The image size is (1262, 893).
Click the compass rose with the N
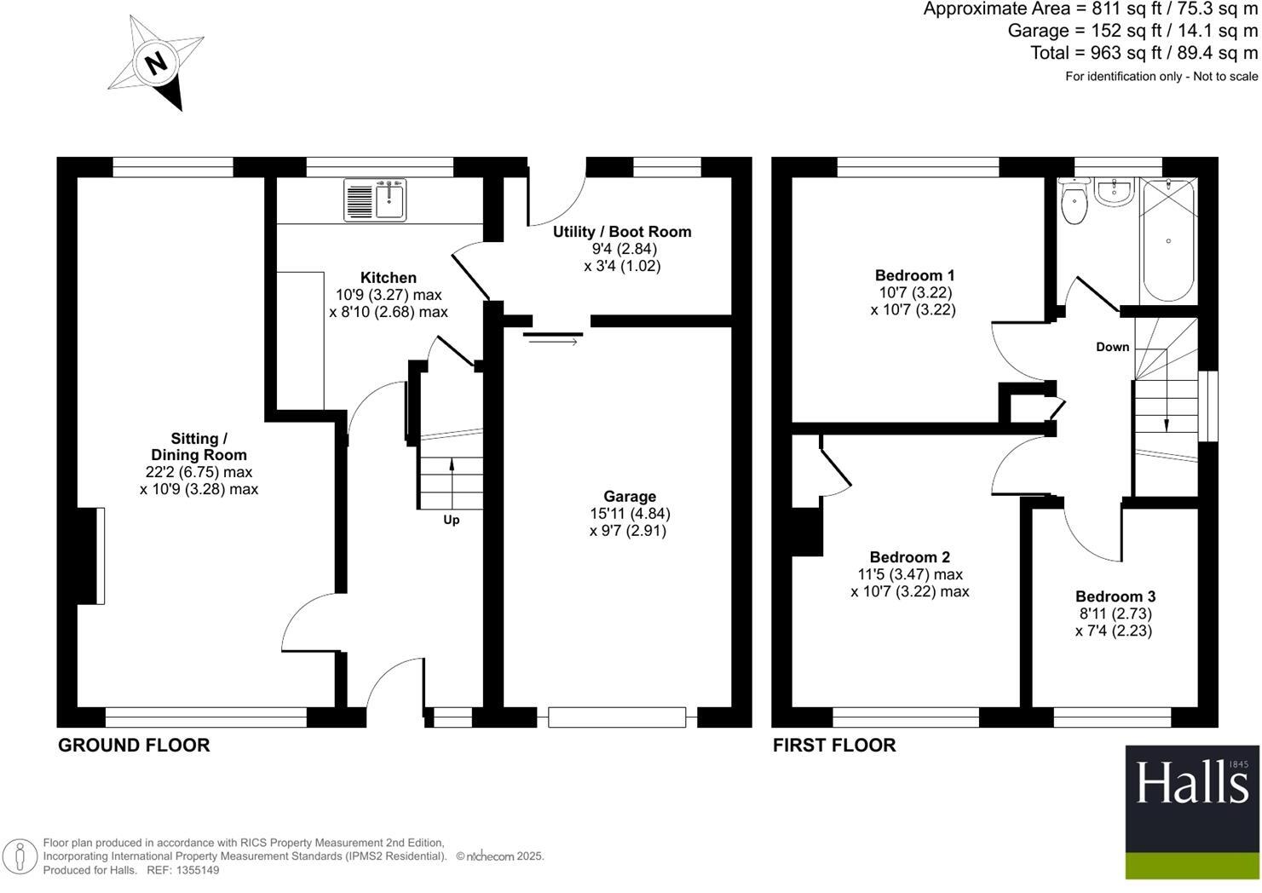156,63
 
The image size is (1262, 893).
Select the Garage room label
630,496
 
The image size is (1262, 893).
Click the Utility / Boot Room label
622,232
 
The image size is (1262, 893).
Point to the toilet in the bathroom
1073,203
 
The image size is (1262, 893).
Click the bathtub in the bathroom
1168,240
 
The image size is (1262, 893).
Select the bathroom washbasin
1114,193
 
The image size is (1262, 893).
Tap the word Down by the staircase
1112,347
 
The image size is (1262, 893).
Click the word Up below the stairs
451,520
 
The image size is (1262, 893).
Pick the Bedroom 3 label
1115,596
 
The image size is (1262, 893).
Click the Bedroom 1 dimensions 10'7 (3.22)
913,292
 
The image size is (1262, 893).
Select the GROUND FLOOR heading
134,746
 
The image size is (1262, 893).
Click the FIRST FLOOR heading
834,746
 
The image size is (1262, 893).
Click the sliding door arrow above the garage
552,342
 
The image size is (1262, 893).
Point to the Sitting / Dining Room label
199,446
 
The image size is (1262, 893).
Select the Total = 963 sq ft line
1144,53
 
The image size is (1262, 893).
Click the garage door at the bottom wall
617,717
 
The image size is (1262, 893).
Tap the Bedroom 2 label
909,557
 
